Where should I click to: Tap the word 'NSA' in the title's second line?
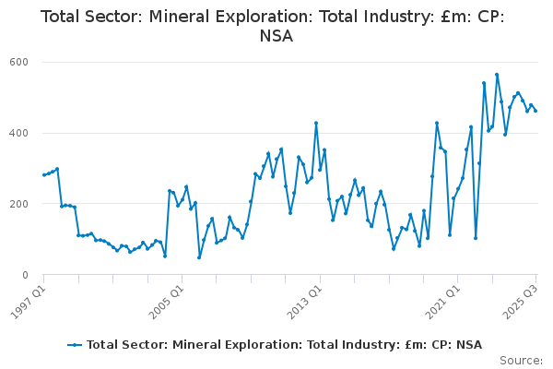point(276,37)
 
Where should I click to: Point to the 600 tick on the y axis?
point(20,63)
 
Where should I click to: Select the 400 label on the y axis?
point(20,134)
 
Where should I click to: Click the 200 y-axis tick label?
point(20,204)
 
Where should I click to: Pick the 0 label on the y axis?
point(28,275)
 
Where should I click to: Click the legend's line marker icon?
point(76,345)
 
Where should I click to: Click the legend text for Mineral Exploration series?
point(284,345)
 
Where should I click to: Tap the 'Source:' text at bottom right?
point(521,361)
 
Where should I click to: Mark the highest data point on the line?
point(497,75)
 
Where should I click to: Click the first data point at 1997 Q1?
point(43,175)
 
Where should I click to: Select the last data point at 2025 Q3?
point(535,111)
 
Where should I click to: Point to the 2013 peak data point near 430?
point(316,123)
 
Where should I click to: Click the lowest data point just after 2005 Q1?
point(199,257)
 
